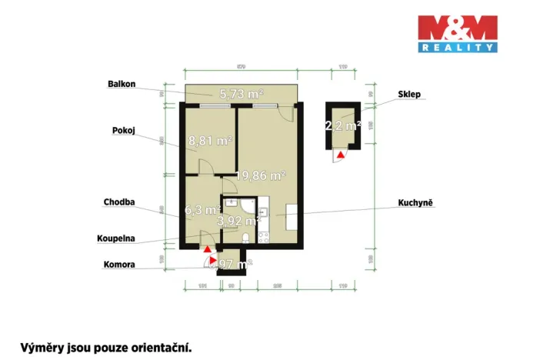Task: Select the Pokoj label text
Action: click(x=124, y=131)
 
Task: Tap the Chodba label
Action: click(x=120, y=202)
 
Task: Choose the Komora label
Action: click(x=119, y=264)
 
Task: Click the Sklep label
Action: click(x=409, y=95)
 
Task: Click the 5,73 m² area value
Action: click(x=242, y=94)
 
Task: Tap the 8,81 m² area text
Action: click(x=210, y=141)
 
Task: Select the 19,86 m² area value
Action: click(x=261, y=175)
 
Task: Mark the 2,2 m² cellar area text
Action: click(x=343, y=125)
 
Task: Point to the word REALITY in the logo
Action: click(x=457, y=48)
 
